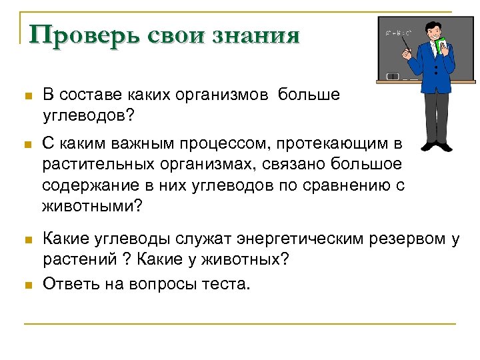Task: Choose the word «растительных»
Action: click(92, 164)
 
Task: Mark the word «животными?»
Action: click(92, 206)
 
